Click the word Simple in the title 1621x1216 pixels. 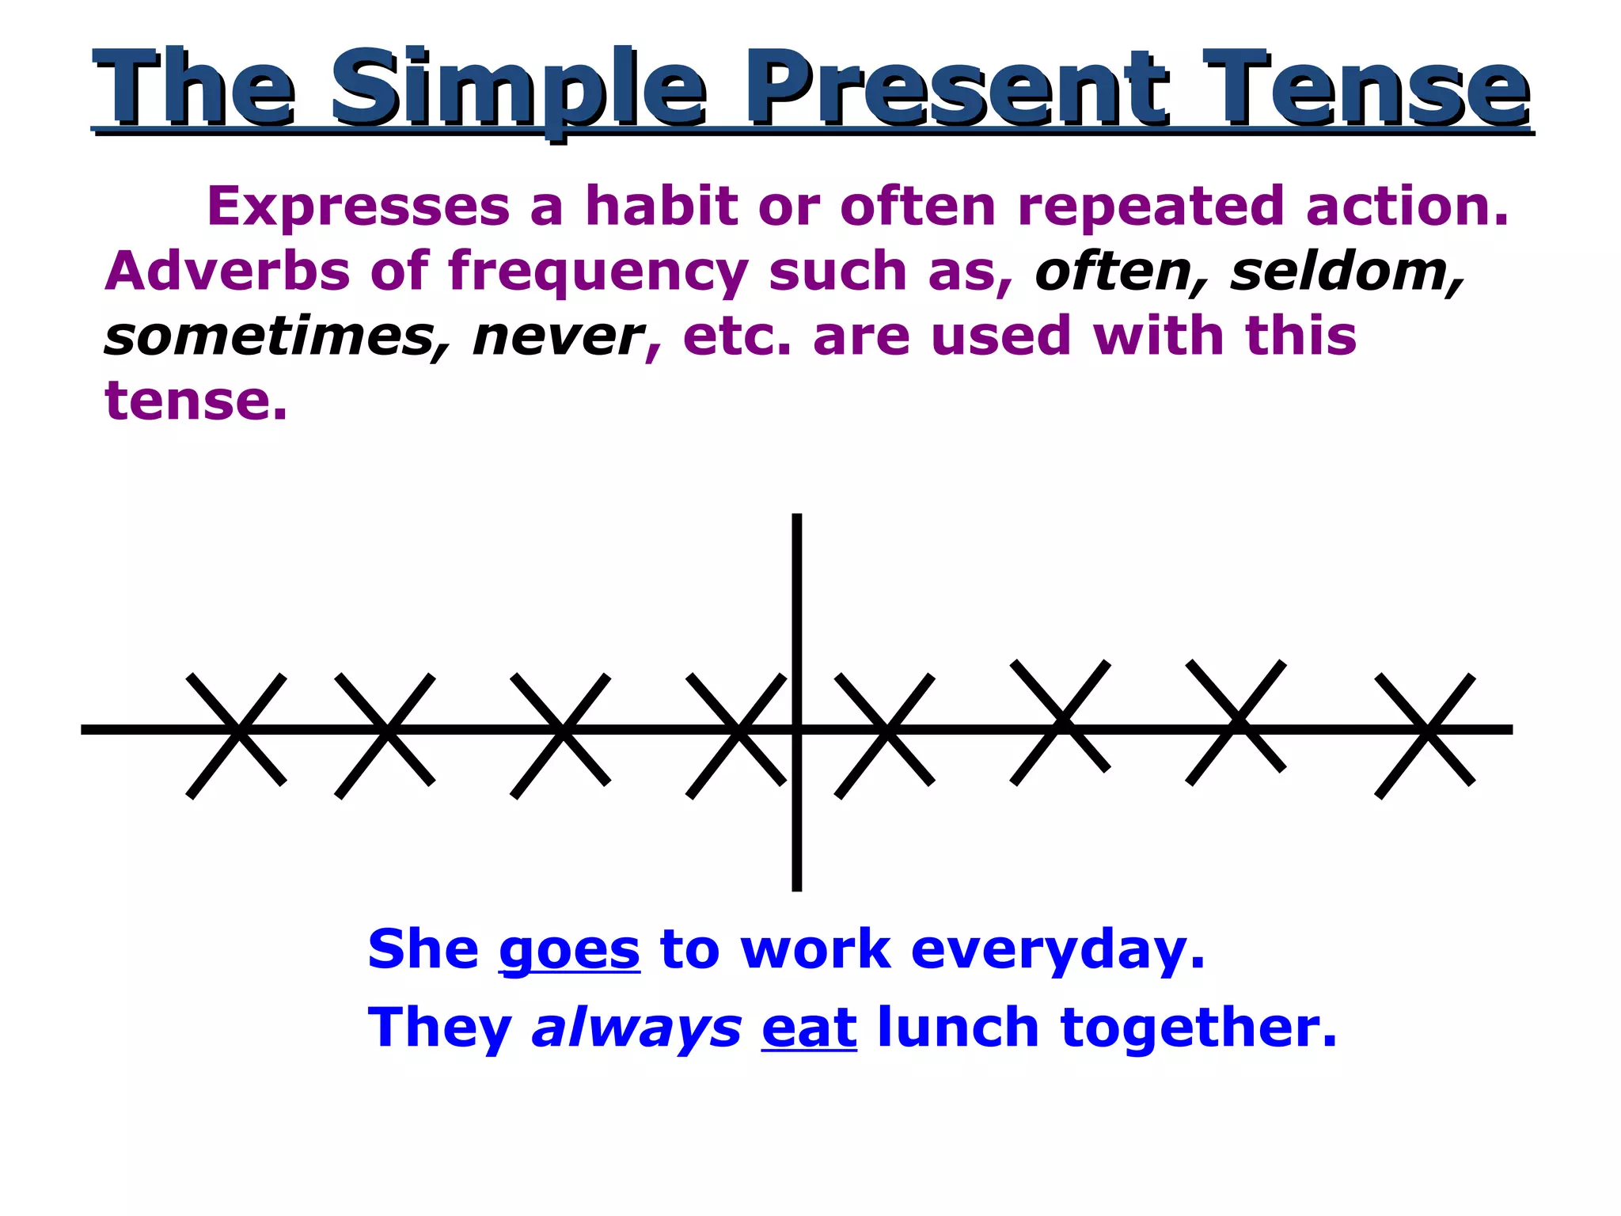tap(518, 89)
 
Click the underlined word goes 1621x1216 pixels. tap(569, 951)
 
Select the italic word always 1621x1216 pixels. tap(636, 1029)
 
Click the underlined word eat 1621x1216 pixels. tap(809, 1029)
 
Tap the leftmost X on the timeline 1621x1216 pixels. tap(237, 735)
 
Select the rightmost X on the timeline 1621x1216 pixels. tap(1425, 735)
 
